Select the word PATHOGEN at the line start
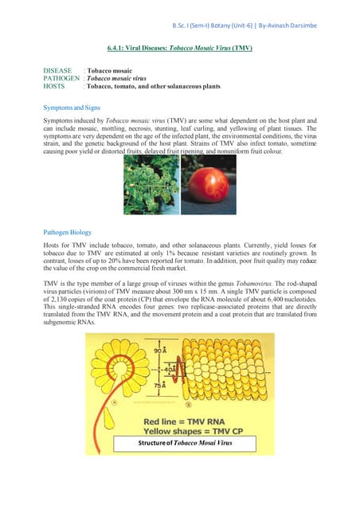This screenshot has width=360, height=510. (x=61, y=79)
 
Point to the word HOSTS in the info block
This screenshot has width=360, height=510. (x=53, y=87)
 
